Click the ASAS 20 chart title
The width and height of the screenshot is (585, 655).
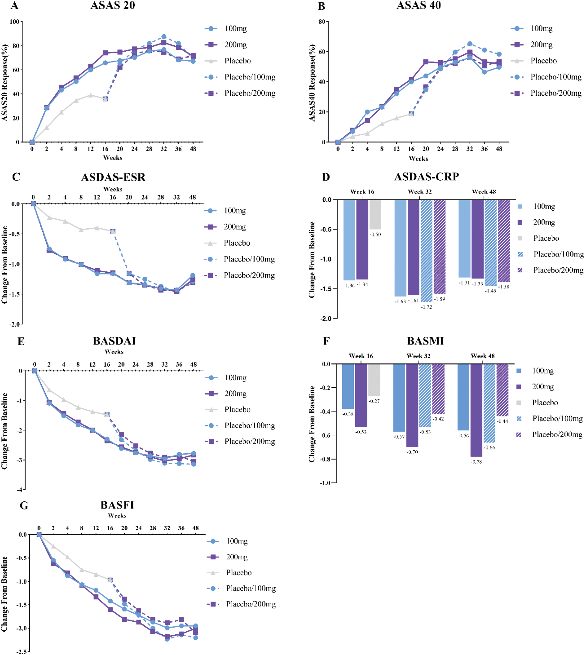(x=112, y=5)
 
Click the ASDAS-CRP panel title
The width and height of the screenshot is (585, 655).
(x=427, y=177)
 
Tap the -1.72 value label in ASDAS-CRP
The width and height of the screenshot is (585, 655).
(x=426, y=307)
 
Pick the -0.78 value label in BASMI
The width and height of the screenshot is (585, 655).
(x=476, y=462)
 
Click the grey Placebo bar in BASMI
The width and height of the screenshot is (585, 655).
(x=374, y=380)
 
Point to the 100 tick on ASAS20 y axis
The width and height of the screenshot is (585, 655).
(x=14, y=22)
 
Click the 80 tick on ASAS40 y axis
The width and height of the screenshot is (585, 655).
(x=322, y=22)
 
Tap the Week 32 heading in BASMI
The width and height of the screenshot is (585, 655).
(x=418, y=356)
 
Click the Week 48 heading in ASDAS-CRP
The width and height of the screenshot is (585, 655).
(x=484, y=192)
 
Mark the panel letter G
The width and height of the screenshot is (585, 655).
(x=24, y=506)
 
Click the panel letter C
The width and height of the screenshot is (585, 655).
(x=16, y=177)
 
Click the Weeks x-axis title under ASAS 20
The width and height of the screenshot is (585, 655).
(x=112, y=158)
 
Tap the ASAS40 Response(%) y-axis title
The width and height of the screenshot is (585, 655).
(x=312, y=83)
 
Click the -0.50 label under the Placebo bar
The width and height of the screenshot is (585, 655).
(x=375, y=235)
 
